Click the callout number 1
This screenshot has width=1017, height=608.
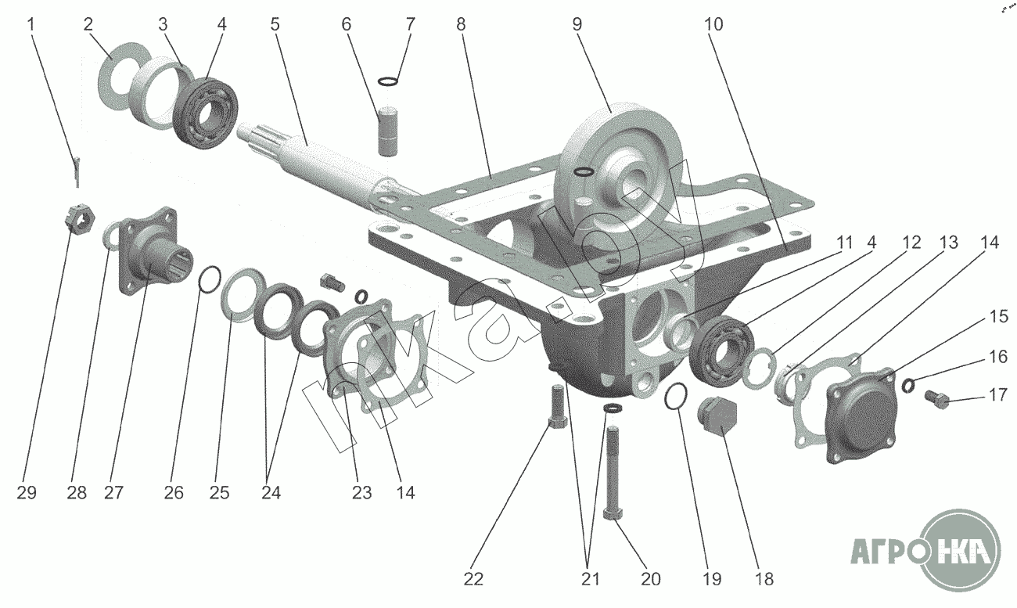31,23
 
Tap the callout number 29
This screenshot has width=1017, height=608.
26,493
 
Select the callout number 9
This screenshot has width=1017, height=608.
577,23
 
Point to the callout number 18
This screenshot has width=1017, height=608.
764,579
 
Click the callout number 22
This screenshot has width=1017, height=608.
473,579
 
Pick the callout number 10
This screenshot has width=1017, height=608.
713,23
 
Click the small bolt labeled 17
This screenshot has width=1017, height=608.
937,400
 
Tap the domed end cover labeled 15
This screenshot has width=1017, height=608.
859,413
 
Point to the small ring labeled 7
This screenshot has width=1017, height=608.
387,80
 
